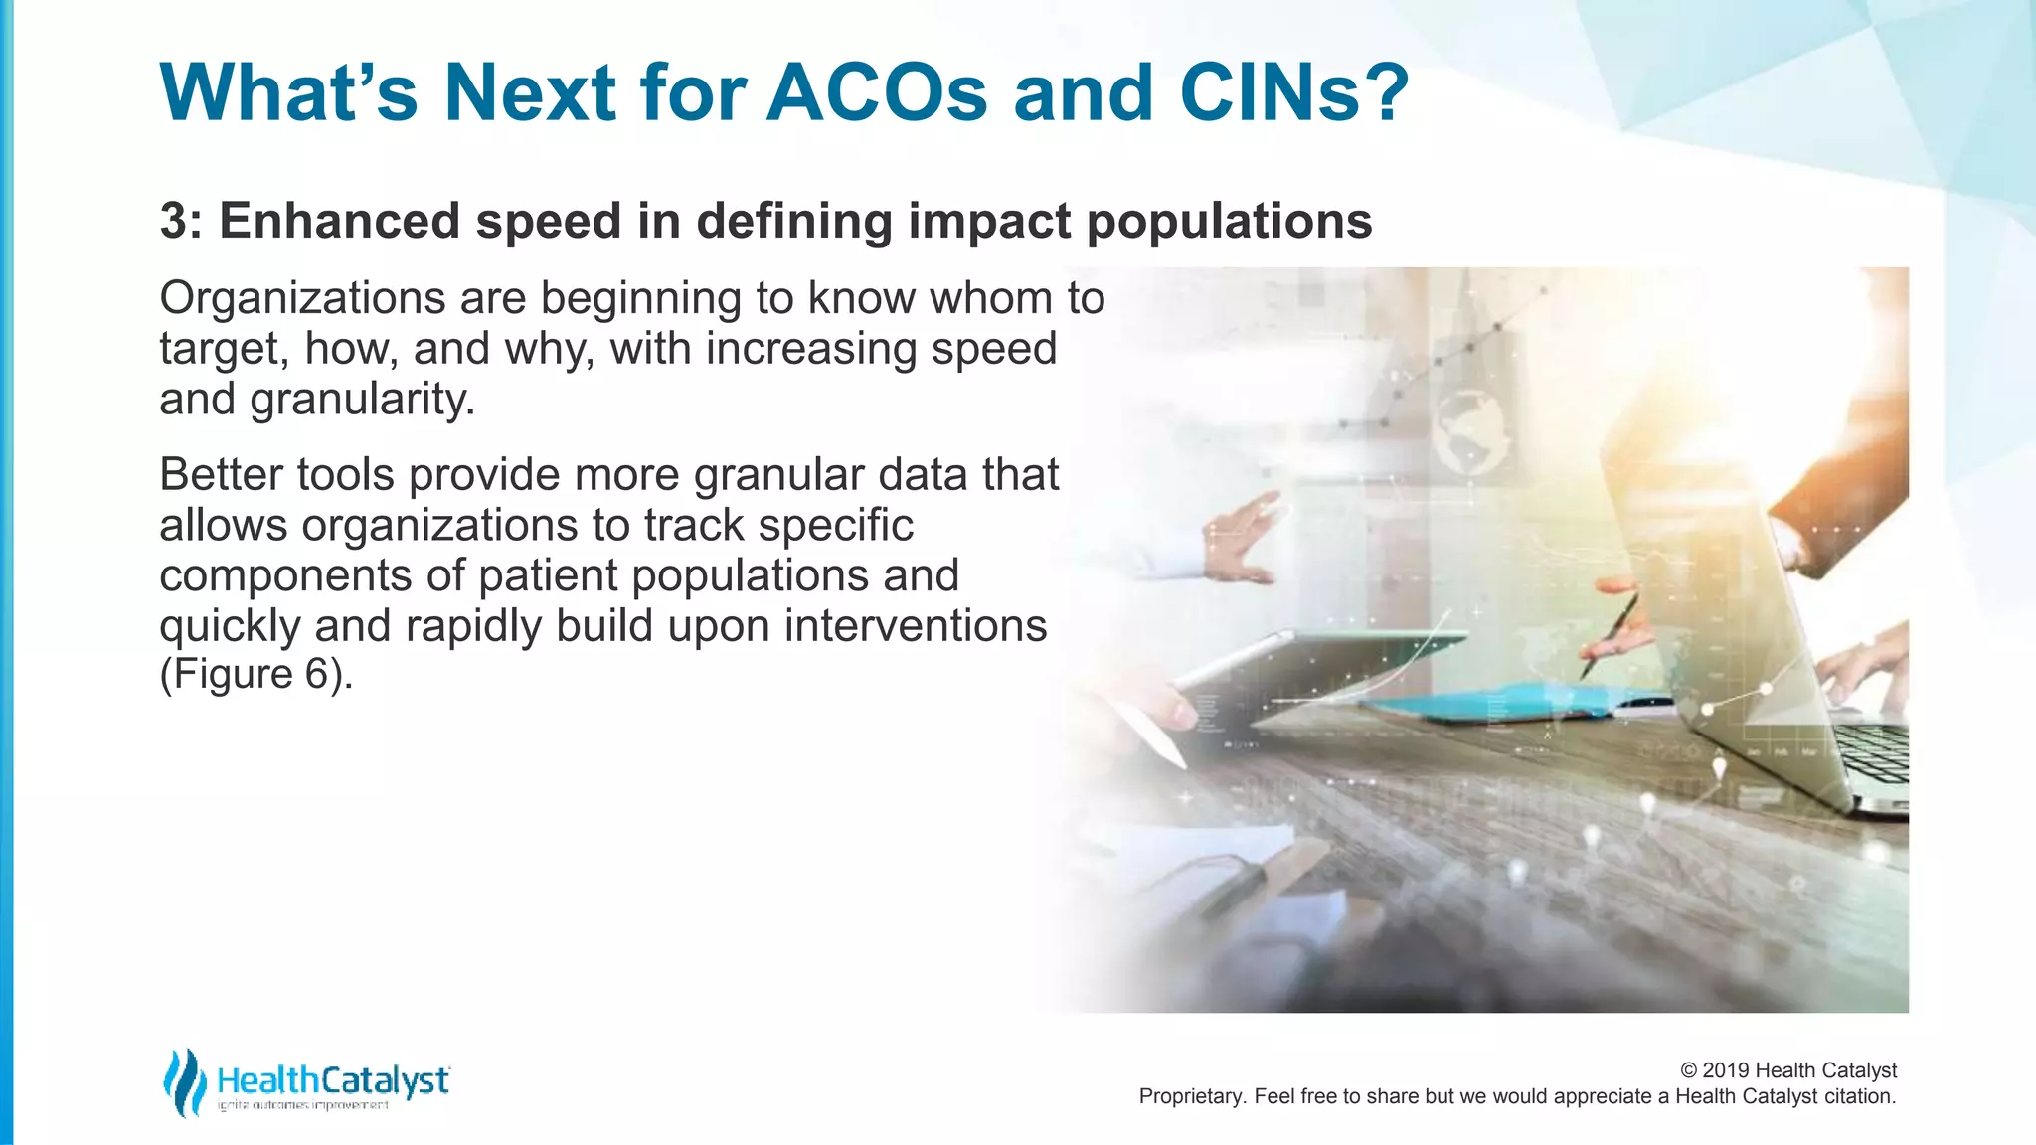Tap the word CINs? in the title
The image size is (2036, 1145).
(x=1294, y=93)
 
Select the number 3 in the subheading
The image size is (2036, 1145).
(x=173, y=221)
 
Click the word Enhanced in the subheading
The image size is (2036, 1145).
(x=339, y=221)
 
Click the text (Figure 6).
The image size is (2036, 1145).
(x=256, y=674)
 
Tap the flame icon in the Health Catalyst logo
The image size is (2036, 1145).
(x=184, y=1081)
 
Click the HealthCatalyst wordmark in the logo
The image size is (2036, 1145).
(x=332, y=1080)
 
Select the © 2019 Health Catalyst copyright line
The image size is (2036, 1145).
(x=1787, y=1070)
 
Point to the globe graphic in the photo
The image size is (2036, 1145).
(x=1467, y=427)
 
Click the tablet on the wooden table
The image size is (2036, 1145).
(x=1322, y=666)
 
